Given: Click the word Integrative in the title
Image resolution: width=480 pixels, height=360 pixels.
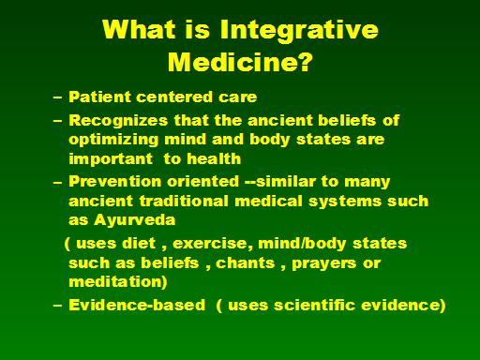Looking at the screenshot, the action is coord(299,31).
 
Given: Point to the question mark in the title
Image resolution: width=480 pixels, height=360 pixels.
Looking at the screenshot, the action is coord(303,61).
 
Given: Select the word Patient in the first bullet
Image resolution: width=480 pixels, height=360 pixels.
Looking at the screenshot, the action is coord(99,97).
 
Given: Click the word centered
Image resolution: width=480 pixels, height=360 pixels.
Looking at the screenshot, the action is coord(174,97).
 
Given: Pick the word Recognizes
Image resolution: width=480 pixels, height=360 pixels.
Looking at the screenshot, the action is coord(118,121).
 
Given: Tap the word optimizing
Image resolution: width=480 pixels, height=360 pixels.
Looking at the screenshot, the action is coord(113,140).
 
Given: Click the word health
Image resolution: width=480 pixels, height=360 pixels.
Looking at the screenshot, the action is coord(214,158).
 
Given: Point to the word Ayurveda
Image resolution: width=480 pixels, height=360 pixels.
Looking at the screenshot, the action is coord(135,220).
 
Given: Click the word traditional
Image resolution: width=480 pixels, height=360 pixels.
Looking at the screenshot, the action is coord(184,201).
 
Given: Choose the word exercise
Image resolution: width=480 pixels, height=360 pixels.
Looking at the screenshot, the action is coord(213,244).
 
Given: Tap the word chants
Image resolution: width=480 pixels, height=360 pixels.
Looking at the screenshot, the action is coord(246,263).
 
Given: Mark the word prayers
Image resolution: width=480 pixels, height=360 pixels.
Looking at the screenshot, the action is coord(324,263).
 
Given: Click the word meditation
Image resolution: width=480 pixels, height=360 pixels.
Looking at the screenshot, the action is coord(115,282).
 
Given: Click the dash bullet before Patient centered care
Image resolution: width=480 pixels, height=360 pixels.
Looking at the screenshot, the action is coord(58,97).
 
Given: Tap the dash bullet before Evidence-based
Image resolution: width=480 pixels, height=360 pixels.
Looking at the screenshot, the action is coord(58,306).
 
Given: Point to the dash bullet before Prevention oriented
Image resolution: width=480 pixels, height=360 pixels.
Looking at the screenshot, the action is coord(58,182).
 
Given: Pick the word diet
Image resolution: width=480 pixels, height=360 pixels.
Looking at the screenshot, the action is coord(139,244).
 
